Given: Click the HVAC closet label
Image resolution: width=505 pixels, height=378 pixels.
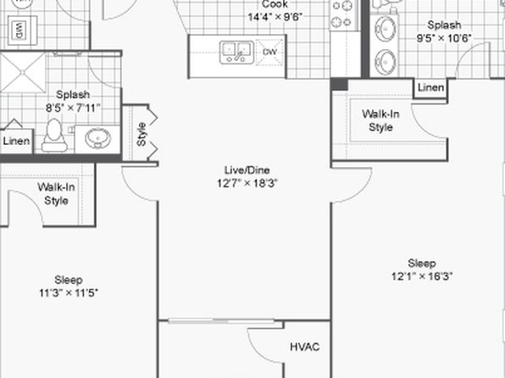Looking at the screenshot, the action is tap(305, 347).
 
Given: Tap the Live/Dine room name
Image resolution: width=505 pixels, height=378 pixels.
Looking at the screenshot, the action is tap(247, 170).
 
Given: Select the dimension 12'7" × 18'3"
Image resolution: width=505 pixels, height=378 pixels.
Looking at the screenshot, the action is tap(247, 183).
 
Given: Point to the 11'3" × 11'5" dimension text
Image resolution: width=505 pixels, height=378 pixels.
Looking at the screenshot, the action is tap(69, 293).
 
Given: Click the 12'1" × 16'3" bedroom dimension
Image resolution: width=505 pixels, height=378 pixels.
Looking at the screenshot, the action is tap(422, 276).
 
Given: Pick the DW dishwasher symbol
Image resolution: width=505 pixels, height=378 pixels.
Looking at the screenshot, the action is tap(269, 52).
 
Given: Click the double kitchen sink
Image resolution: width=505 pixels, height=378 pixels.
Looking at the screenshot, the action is tap(236, 53).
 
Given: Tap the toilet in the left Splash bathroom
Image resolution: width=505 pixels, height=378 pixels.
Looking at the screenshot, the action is tap(54, 135).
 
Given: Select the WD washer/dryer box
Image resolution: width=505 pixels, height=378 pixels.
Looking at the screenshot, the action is tap(20, 31).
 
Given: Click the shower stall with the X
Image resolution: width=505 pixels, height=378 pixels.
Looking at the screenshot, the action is tap(23, 73).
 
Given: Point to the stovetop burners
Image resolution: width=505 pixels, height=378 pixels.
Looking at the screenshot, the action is tap(341, 14).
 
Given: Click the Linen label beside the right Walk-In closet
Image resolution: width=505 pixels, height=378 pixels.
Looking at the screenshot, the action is tap(430, 87).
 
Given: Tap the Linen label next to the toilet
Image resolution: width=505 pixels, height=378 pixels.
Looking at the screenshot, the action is tap(16, 141).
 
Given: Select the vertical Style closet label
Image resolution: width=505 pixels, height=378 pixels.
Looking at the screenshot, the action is tap(141, 134).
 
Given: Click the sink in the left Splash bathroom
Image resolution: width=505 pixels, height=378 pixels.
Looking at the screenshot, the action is tap(98, 138).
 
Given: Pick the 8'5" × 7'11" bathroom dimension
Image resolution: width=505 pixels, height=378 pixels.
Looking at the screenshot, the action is tap(73, 108).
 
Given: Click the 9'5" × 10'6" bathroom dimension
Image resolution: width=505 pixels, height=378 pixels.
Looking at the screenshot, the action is tap(444, 38).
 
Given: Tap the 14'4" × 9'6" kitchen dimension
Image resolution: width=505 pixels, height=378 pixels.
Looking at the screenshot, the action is tap(275, 17).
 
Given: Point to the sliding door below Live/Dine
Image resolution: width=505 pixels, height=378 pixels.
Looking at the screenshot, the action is tap(221, 320).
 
